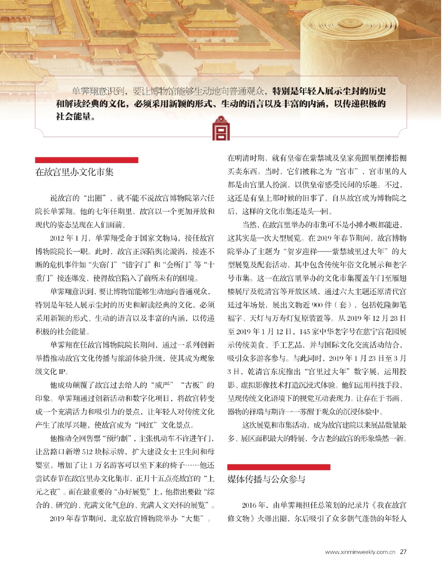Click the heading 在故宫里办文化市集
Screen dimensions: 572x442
[x=75, y=172]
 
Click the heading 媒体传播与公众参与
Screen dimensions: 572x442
[x=267, y=479]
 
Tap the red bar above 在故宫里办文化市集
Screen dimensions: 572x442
[x=86, y=160]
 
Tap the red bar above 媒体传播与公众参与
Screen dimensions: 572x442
[x=279, y=467]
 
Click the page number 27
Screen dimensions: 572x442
[x=403, y=551]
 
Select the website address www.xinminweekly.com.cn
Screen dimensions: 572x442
[x=360, y=552]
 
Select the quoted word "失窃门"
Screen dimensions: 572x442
[x=103, y=265]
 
